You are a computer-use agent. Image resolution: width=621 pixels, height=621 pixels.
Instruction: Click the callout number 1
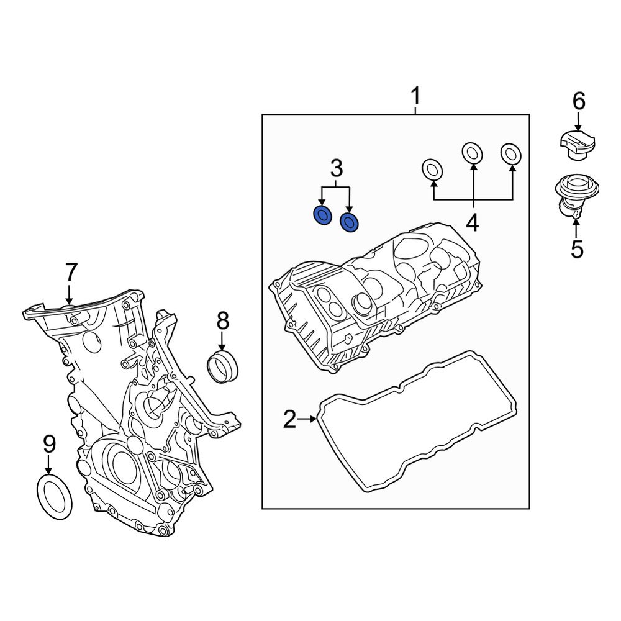415,97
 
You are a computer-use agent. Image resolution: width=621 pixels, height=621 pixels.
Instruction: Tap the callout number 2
289,420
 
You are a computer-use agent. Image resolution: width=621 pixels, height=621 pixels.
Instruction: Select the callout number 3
335,168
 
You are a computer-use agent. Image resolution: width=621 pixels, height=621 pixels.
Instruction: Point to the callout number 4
473,222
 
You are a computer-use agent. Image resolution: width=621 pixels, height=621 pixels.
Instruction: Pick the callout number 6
578,101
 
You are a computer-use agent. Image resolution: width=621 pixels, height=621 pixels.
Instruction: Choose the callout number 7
71,272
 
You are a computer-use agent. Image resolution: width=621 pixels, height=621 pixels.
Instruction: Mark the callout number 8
222,320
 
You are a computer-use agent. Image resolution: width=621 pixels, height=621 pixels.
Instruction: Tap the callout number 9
49,444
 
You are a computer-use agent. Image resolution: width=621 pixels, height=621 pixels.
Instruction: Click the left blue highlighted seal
322,215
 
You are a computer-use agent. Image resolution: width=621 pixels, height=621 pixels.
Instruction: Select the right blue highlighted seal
350,221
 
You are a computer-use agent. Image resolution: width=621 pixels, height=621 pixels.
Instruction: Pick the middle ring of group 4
473,152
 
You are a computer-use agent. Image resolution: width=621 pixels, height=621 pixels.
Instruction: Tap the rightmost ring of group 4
511,153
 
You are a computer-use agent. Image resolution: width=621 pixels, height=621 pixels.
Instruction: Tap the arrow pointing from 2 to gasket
308,420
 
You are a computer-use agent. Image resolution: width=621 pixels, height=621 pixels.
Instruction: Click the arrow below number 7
70,293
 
